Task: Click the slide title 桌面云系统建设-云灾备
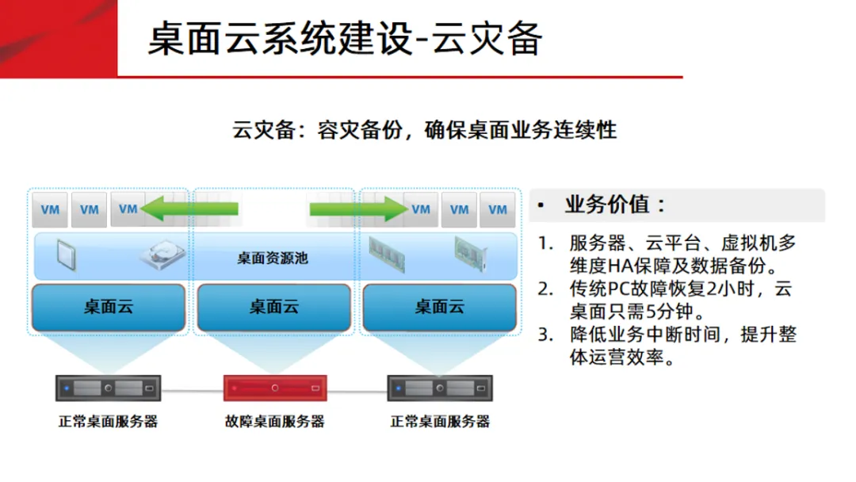click(345, 38)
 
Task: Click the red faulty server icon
click(274, 389)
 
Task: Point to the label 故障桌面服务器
click(274, 422)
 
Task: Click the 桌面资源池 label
click(273, 258)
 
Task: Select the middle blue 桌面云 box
click(274, 307)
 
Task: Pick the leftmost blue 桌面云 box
click(109, 307)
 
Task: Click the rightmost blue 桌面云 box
click(440, 307)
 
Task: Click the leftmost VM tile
click(50, 210)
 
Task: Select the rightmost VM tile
click(498, 210)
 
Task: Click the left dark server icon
click(108, 389)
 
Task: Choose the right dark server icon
click(441, 389)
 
